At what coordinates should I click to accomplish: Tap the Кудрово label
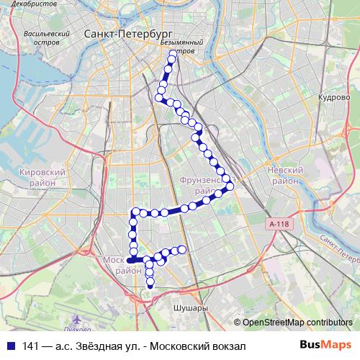(x=333, y=96)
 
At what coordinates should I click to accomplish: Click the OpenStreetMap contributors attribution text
(x=297, y=322)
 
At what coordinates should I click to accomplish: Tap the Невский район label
(x=282, y=175)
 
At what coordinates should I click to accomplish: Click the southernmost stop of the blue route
(x=150, y=287)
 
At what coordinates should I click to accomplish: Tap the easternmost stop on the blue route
(x=230, y=186)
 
